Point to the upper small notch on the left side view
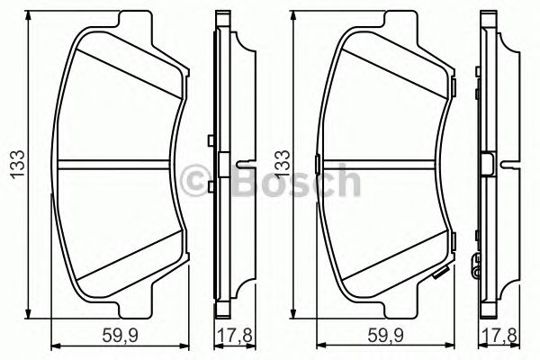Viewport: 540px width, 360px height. pyautogui.click(x=210, y=139)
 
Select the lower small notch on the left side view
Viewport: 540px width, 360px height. pyautogui.click(x=210, y=186)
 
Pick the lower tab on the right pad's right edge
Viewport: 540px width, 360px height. pyautogui.click(x=456, y=238)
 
